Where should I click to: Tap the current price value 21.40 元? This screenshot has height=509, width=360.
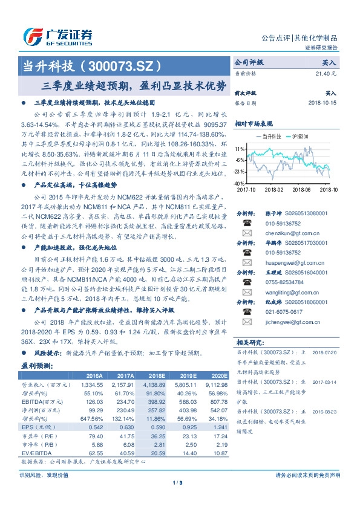326,73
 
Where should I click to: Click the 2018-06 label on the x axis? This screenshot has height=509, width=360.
301,189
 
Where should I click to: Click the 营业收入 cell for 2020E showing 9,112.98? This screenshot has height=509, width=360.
215,384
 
